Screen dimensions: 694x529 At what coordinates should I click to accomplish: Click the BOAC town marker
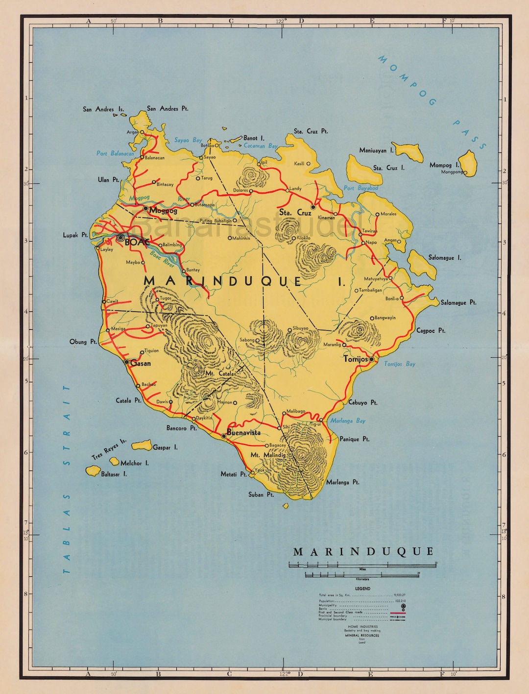pyautogui.click(x=120, y=238)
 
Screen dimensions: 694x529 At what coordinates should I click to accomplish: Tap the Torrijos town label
pyautogui.click(x=355, y=359)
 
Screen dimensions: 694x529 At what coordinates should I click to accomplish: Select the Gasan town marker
pyautogui.click(x=127, y=362)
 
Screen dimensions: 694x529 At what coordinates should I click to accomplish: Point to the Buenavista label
pyautogui.click(x=243, y=433)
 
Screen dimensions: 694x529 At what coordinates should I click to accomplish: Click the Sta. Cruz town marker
pyautogui.click(x=313, y=207)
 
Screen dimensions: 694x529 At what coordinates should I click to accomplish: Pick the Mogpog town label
pyautogui.click(x=164, y=211)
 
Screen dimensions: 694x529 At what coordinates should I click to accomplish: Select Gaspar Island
pyautogui.click(x=142, y=446)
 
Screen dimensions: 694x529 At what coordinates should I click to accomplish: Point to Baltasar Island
pyautogui.click(x=93, y=471)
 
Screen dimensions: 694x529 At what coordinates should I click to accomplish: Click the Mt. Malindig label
pyautogui.click(x=267, y=455)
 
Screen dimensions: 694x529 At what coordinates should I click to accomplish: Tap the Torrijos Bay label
pyautogui.click(x=399, y=364)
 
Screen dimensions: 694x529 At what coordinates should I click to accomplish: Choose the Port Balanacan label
pyautogui.click(x=115, y=153)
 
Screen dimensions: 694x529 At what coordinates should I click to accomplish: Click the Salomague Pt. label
pyautogui.click(x=458, y=303)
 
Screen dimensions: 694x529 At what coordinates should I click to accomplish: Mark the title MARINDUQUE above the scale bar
pyautogui.click(x=363, y=552)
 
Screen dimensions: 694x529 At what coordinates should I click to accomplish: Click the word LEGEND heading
pyautogui.click(x=362, y=589)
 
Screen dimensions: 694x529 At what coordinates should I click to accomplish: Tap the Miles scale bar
pyautogui.click(x=362, y=565)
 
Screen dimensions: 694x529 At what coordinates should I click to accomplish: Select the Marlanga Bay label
pyautogui.click(x=347, y=421)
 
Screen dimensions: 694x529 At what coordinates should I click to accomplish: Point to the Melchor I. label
pyautogui.click(x=134, y=463)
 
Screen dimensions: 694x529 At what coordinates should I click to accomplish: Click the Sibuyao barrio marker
pyautogui.click(x=290, y=330)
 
